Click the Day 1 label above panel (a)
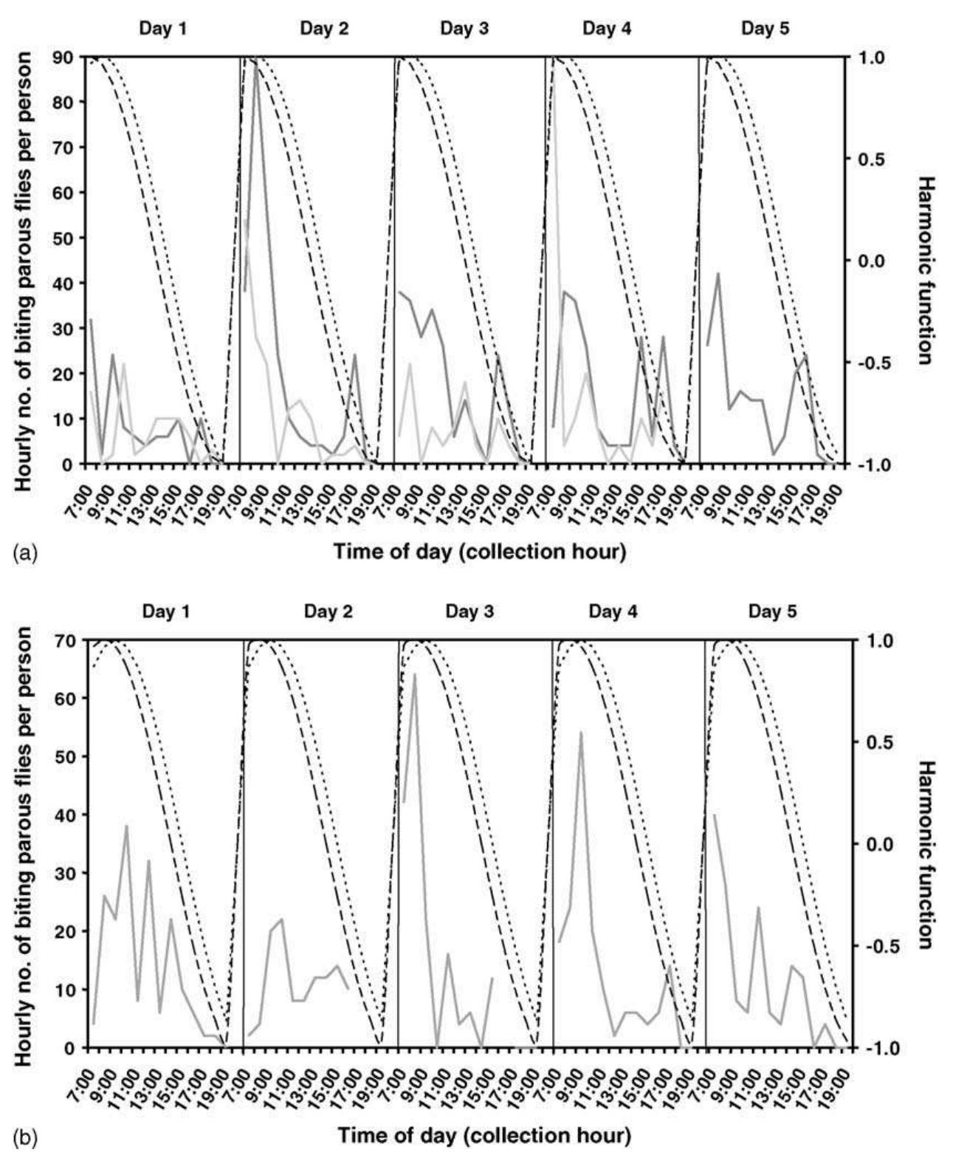163,29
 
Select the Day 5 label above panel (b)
772,612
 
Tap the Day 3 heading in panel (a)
464,29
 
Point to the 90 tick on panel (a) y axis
70,57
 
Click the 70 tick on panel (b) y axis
70,640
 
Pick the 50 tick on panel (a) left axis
70,238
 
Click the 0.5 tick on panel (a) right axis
864,160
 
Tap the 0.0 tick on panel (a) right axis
864,261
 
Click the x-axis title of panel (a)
480,552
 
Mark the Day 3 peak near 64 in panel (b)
415,674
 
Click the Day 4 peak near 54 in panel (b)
581,733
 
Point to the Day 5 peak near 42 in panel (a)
718,274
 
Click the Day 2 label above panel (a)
324,29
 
